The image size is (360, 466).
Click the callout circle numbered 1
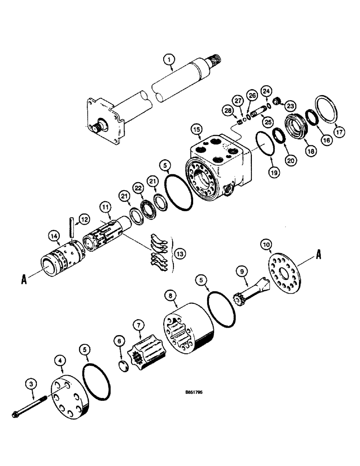pos(169,59)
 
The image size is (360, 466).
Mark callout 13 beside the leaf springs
pos(180,254)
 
